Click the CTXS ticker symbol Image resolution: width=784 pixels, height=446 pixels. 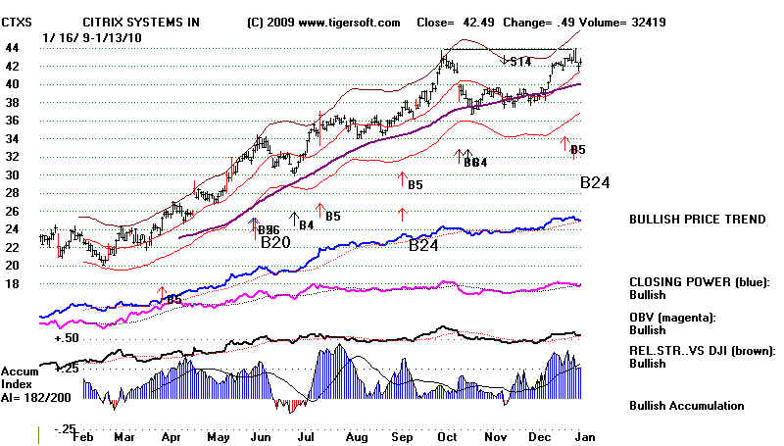19,20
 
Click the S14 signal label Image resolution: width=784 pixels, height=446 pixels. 520,62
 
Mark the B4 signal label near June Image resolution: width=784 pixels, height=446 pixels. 306,225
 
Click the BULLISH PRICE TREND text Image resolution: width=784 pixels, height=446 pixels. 697,220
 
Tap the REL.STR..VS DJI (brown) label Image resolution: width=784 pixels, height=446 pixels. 703,350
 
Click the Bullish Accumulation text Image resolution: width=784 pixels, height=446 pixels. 686,405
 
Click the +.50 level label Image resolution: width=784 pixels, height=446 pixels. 67,337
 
